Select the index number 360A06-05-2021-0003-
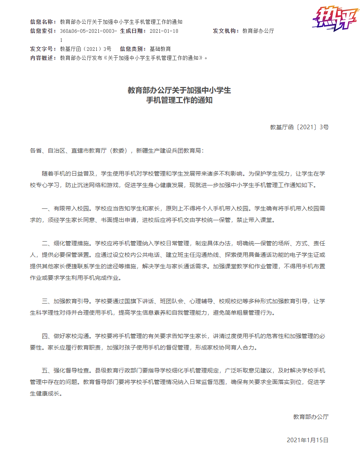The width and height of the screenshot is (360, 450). pyautogui.click(x=88, y=31)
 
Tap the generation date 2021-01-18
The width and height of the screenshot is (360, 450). pyautogui.click(x=164, y=31)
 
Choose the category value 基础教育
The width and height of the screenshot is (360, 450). pyautogui.click(x=160, y=49)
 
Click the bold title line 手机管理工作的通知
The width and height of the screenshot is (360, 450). pyautogui.click(x=180, y=100)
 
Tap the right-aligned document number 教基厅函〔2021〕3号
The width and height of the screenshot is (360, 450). pyautogui.click(x=299, y=127)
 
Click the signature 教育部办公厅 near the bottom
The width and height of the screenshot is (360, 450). pyautogui.click(x=311, y=417)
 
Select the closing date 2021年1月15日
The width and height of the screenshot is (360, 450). pyautogui.click(x=308, y=440)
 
